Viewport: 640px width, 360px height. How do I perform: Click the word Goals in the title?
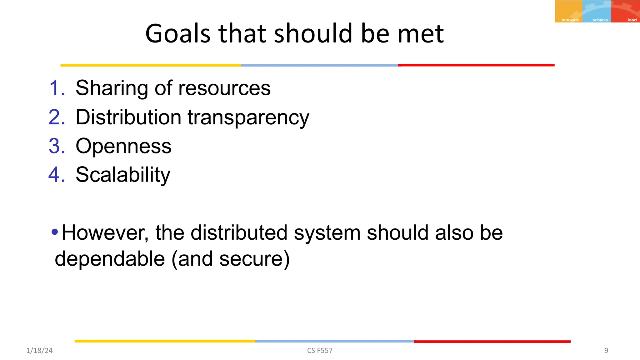pos(178,33)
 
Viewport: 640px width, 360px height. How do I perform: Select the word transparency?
pos(248,118)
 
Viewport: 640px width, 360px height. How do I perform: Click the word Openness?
pos(123,146)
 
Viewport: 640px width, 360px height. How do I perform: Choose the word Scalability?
pos(123,175)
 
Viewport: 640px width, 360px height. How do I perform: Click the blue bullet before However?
pos(55,232)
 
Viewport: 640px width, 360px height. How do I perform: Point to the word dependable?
pos(110,259)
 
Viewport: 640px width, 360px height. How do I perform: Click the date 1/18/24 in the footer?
pos(39,351)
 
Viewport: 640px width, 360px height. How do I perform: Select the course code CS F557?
pos(320,351)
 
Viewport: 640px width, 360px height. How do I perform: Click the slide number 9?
pos(606,351)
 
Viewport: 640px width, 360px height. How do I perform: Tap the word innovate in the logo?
pos(570,20)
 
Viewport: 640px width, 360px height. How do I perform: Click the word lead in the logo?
pos(632,20)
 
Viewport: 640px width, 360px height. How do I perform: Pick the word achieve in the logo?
pos(600,20)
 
